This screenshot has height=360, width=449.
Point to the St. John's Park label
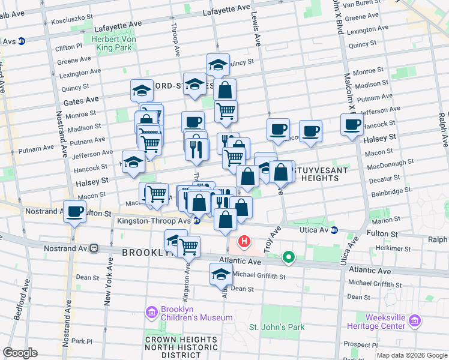coord(277,327)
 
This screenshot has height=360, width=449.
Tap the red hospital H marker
coord(244,242)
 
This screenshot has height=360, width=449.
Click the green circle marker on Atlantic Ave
coord(289,258)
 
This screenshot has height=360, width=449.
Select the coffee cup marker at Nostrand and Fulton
coord(75,212)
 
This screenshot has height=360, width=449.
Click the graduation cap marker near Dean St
coord(221,274)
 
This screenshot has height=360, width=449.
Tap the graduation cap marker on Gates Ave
coord(142,90)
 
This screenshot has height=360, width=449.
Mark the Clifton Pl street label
coord(68,46)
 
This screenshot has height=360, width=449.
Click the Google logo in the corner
coord(20,352)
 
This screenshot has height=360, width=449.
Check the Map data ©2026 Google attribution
coord(411,355)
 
